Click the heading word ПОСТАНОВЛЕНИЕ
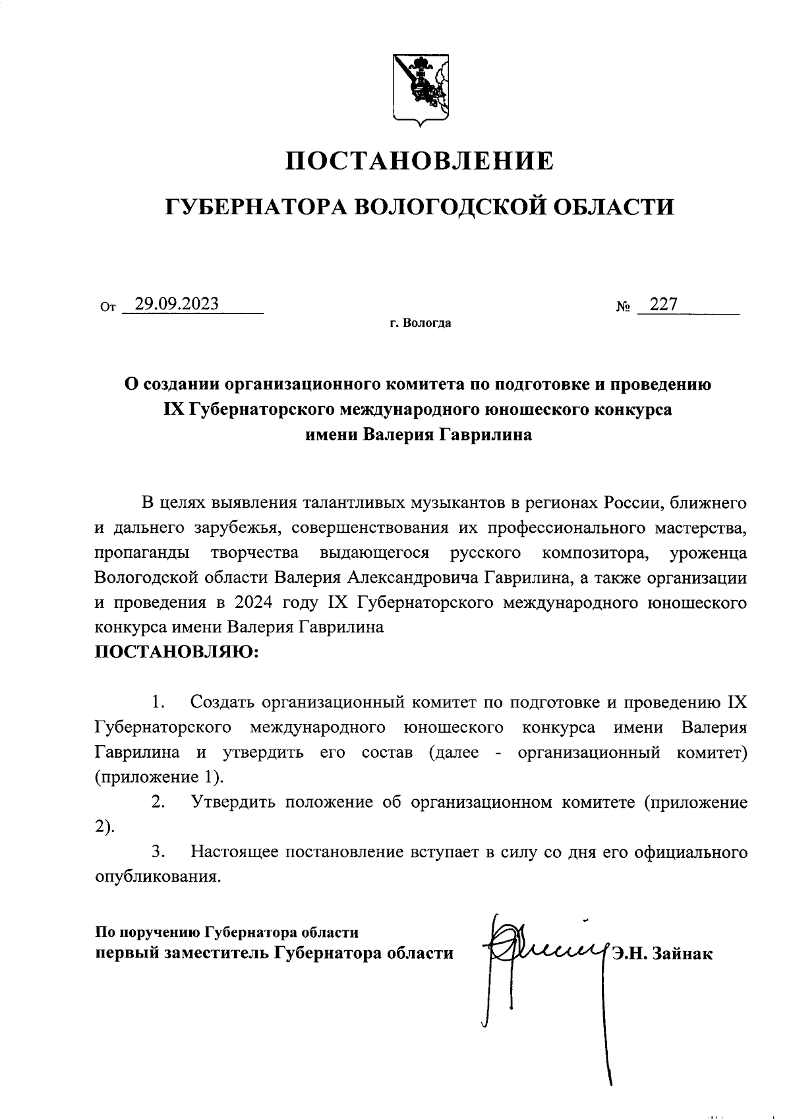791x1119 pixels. coord(419,161)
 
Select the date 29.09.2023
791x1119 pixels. coord(177,304)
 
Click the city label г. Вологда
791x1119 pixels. coord(419,324)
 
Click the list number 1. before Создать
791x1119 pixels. coord(158,702)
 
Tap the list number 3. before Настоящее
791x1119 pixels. coord(158,852)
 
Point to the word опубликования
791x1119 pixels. coord(156,877)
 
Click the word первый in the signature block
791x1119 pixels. coord(127,953)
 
